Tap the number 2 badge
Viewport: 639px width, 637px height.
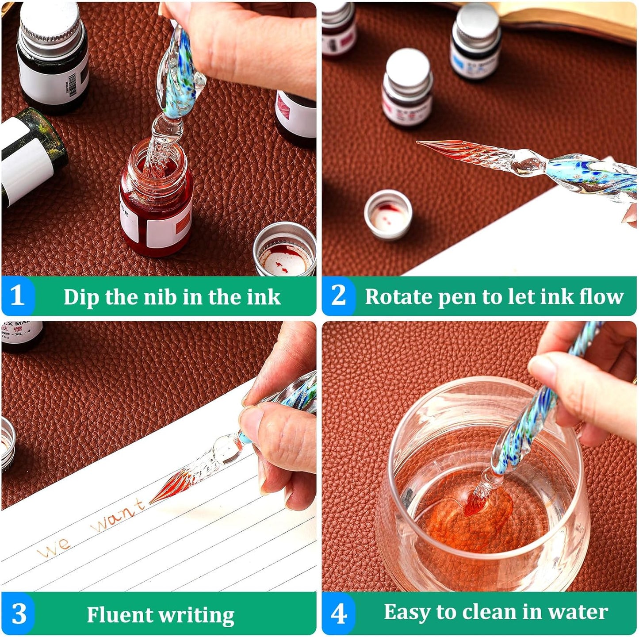coord(338,295)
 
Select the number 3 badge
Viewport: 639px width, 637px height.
coord(19,614)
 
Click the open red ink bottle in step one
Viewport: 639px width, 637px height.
coord(156,199)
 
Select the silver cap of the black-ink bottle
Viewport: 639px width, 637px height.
coord(51,22)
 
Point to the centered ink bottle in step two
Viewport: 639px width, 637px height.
coord(407,88)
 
